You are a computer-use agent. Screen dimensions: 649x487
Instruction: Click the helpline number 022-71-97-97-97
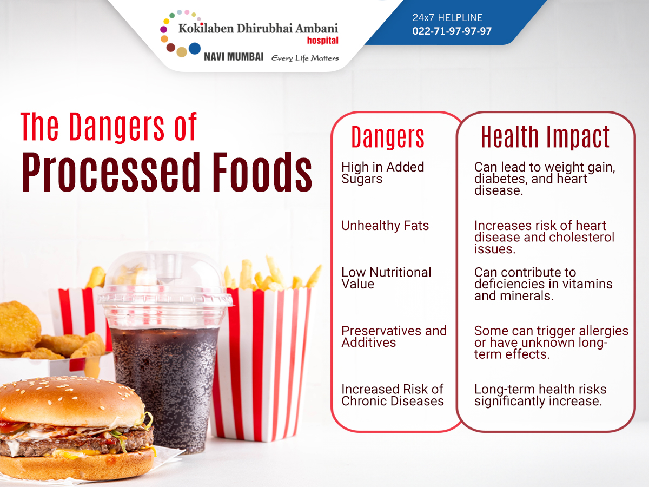tap(452, 31)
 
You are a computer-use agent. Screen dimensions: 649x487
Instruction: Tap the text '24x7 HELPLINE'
tap(447, 18)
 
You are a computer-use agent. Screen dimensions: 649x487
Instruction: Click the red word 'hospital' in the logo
tap(322, 40)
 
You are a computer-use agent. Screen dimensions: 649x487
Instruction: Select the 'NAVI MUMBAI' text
tap(234, 57)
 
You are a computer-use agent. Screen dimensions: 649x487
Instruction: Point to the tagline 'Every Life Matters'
tap(305, 58)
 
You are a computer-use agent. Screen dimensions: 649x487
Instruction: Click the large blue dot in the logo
tap(195, 49)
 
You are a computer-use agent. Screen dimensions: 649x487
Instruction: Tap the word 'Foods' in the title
tap(262, 173)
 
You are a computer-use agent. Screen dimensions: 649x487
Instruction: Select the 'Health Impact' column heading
tap(545, 137)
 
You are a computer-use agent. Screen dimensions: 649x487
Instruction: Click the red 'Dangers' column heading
tap(388, 137)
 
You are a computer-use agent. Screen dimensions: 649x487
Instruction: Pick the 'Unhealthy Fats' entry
tap(385, 226)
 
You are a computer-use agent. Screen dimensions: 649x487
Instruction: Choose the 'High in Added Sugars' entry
tap(382, 173)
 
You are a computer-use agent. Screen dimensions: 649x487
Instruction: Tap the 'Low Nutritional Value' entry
tap(386, 278)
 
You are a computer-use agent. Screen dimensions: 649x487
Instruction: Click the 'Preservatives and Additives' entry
tap(394, 337)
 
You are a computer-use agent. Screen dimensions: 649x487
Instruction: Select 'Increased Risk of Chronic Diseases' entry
tap(393, 395)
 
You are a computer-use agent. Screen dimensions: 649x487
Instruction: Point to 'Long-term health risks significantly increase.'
tap(540, 396)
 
